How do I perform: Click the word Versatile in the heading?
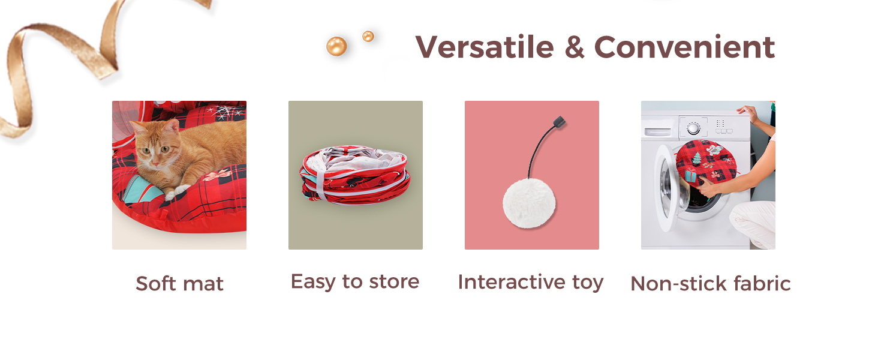tap(485, 47)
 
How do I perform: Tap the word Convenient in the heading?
tap(684, 47)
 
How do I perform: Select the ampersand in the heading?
tap(574, 47)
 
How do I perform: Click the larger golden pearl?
tap(336, 46)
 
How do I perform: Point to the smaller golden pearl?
tap(368, 37)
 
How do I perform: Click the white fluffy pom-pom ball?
tap(529, 203)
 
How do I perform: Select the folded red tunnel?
tap(355, 175)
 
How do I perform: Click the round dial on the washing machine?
tap(693, 128)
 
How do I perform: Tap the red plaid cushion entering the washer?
tap(705, 161)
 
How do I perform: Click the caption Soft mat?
tap(179, 284)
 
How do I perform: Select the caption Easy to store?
tap(355, 281)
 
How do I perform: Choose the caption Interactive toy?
tap(531, 282)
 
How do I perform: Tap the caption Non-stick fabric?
tap(711, 284)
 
